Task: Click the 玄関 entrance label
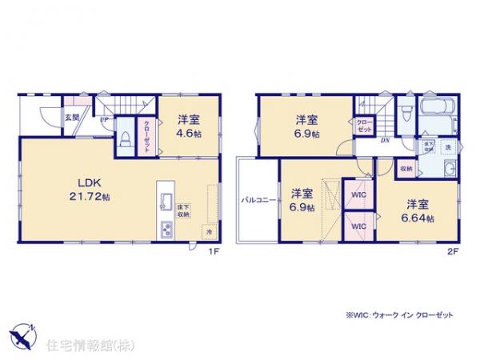[71, 118]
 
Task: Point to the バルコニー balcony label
[257, 200]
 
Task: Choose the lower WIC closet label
[356, 226]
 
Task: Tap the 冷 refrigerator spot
[206, 231]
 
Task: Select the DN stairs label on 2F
[385, 140]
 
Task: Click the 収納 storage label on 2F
[406, 170]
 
